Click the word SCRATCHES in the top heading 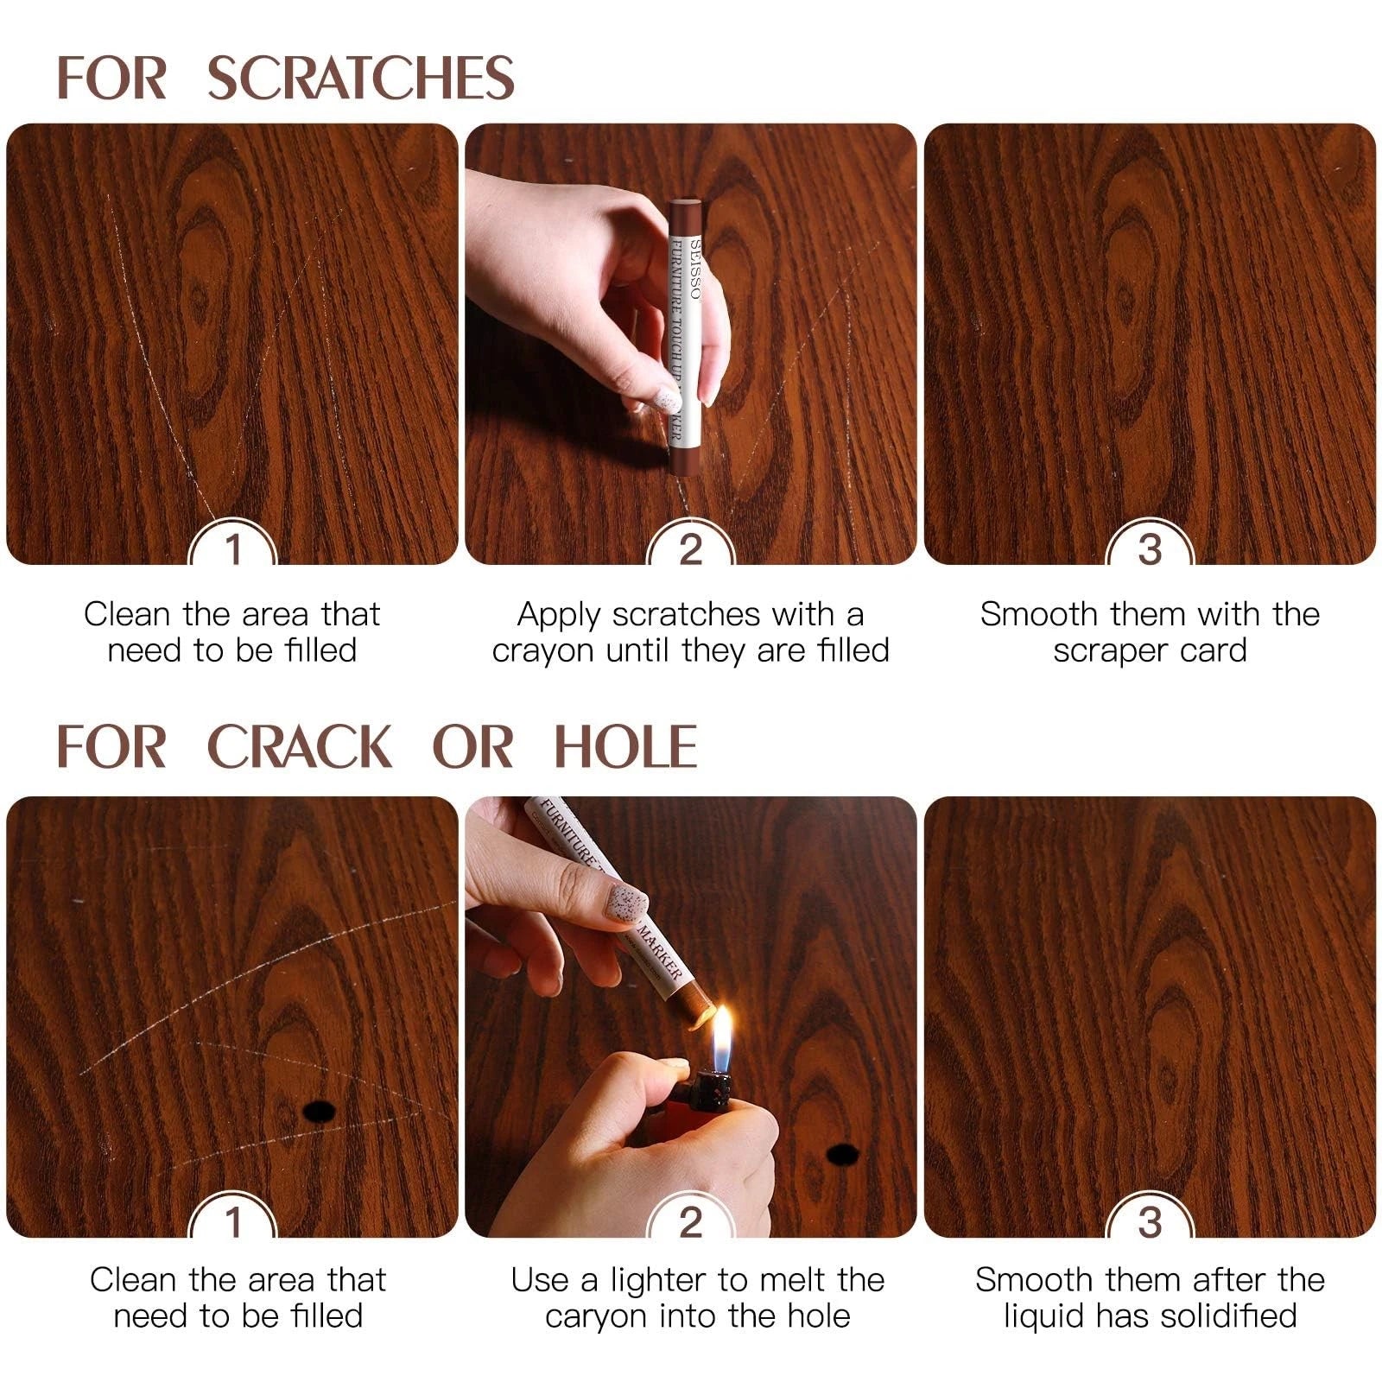click(x=360, y=78)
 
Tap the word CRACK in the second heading click(x=301, y=747)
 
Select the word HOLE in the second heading click(x=624, y=747)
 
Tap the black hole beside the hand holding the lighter click(x=841, y=1152)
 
